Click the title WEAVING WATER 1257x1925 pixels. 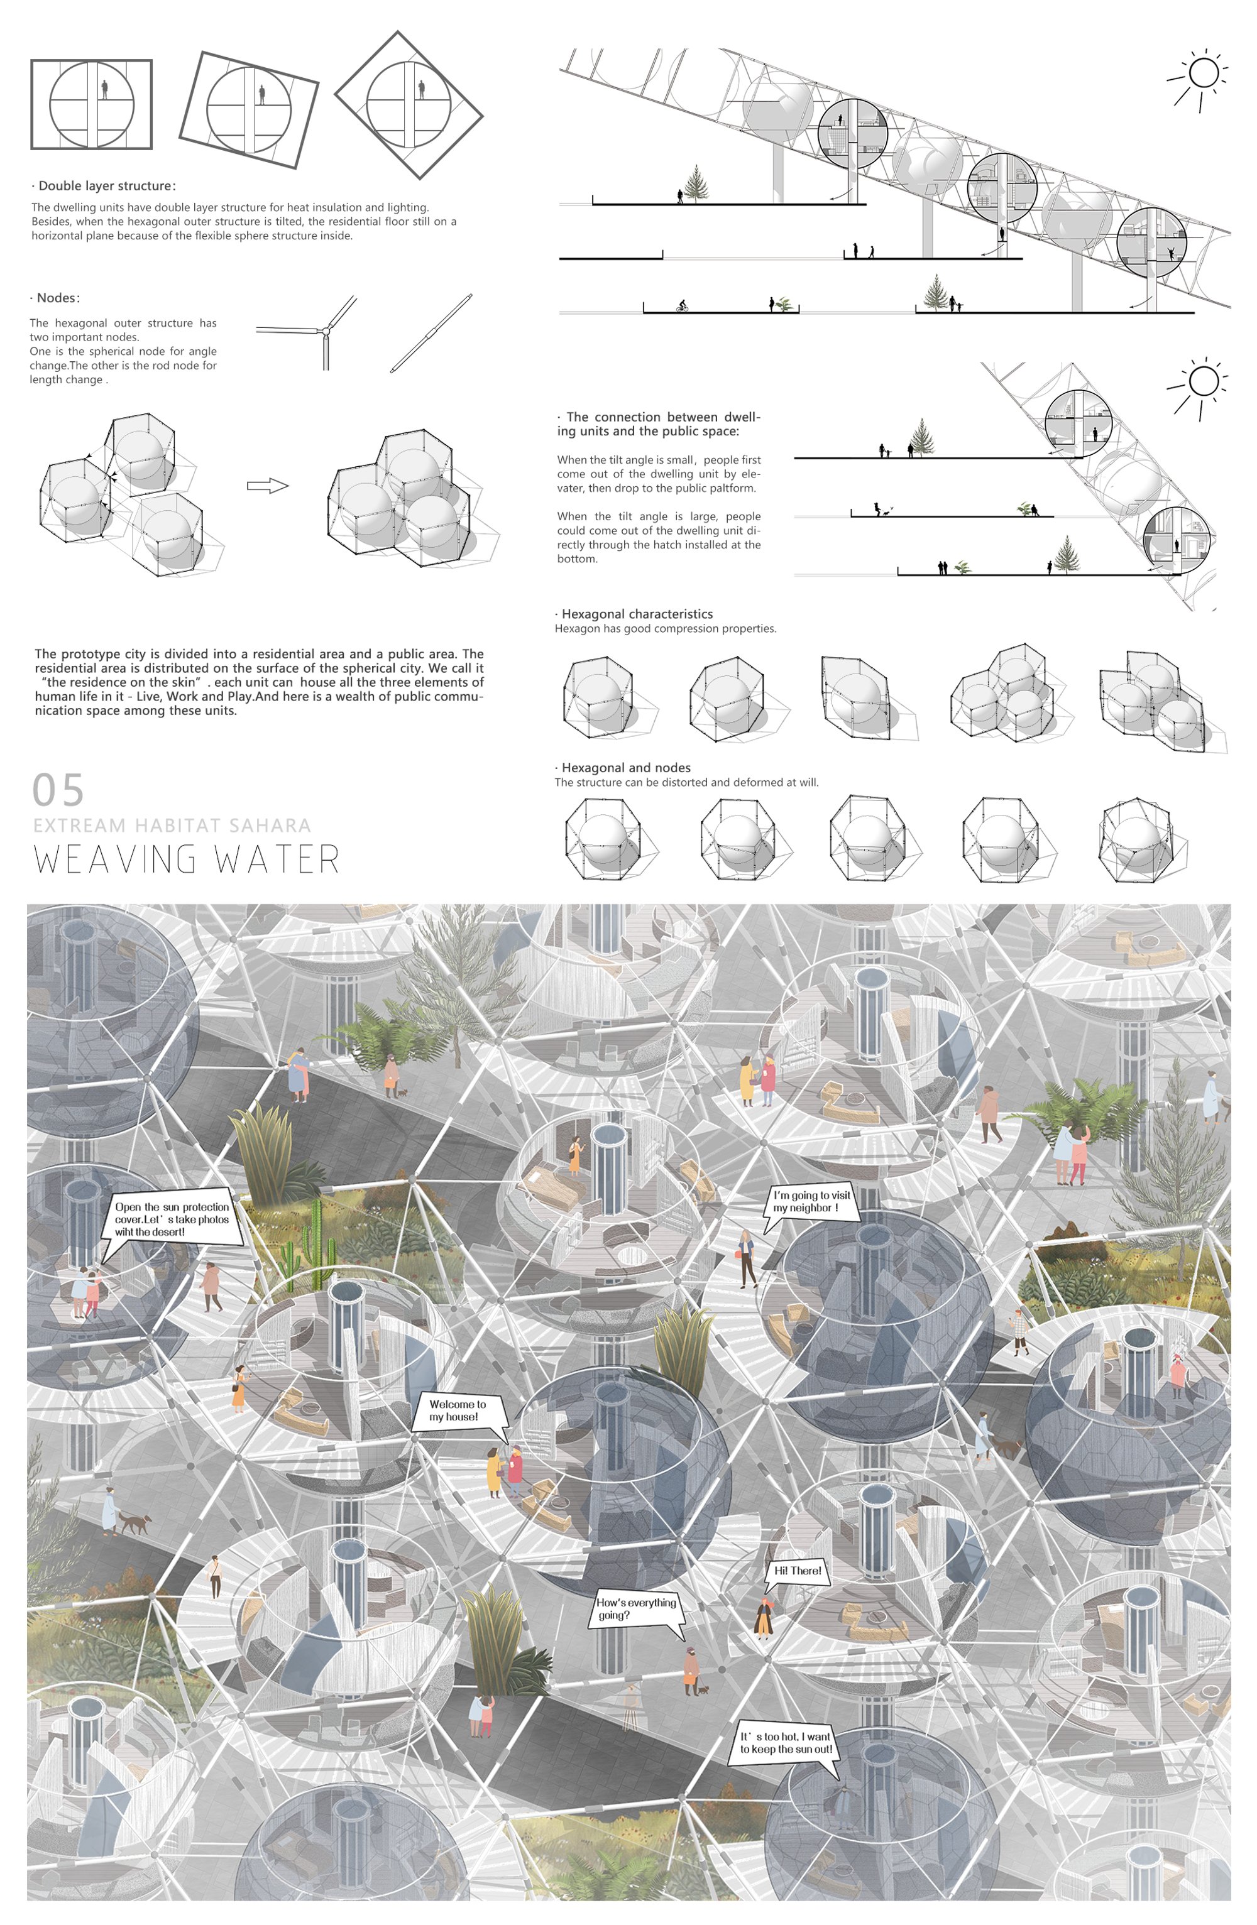(187, 859)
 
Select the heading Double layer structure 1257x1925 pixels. (104, 185)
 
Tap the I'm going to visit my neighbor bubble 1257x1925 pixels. (811, 1204)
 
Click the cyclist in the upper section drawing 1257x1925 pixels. (682, 306)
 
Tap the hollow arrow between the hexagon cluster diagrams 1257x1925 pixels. (268, 485)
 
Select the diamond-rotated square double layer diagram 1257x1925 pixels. (409, 105)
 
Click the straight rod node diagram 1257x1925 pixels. (431, 332)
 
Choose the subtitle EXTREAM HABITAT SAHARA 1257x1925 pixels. (172, 825)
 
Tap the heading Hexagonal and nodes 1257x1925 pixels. (623, 768)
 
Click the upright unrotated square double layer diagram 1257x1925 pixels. (91, 104)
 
